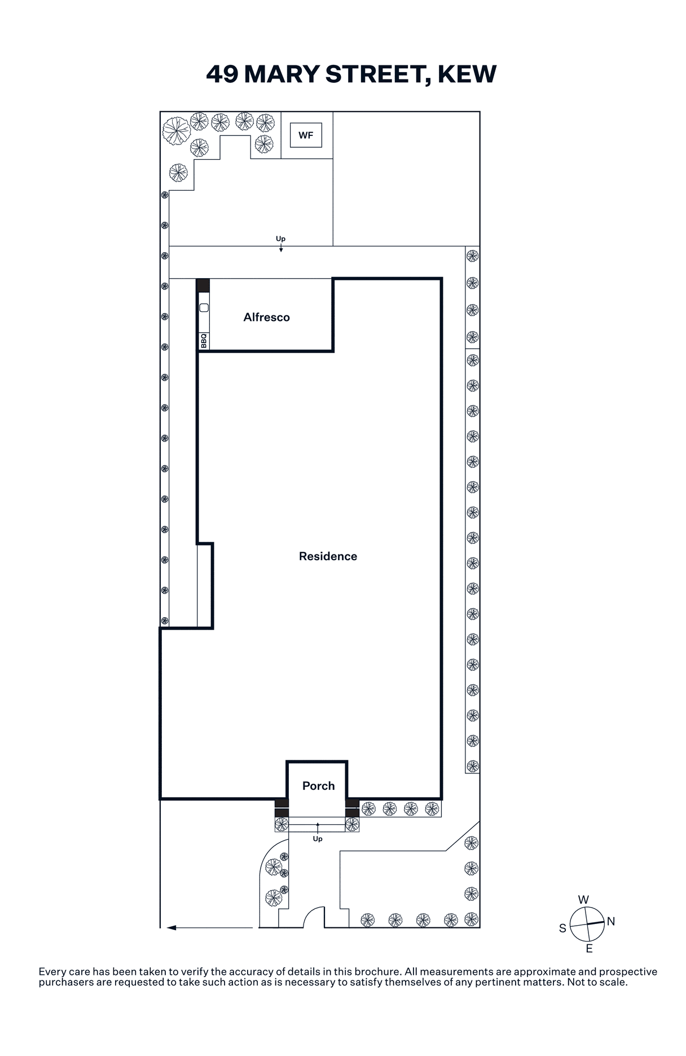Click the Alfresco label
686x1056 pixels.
[266, 317]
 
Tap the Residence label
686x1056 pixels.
[328, 556]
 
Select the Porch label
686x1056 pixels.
[318, 786]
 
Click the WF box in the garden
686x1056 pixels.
[306, 135]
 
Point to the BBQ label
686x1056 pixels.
[204, 341]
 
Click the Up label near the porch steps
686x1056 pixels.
[318, 839]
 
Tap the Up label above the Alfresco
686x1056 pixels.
[280, 239]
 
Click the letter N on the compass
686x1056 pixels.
[611, 921]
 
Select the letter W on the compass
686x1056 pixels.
[584, 900]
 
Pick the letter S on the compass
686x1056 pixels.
[562, 929]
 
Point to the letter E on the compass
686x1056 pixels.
[589, 949]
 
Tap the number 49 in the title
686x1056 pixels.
[222, 74]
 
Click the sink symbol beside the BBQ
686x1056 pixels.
[204, 307]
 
